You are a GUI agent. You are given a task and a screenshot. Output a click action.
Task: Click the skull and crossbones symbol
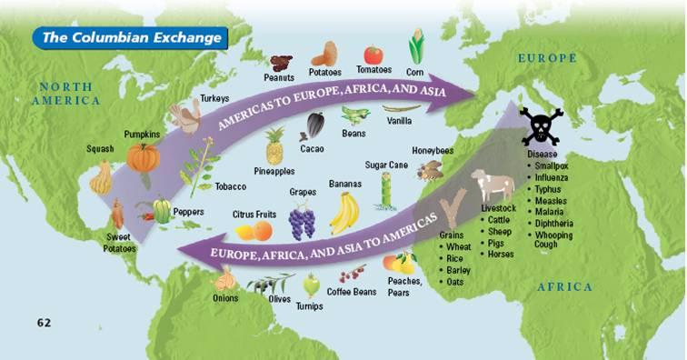click(541, 125)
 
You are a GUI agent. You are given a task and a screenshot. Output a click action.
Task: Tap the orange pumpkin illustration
click(143, 156)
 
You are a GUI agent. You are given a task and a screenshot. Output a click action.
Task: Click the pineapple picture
click(274, 145)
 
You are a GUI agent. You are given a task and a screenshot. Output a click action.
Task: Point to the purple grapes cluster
click(301, 220)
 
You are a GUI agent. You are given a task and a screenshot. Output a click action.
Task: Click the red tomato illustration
click(373, 55)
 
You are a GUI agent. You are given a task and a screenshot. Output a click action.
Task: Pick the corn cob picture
click(416, 45)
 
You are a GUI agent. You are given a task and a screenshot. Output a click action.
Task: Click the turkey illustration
click(187, 116)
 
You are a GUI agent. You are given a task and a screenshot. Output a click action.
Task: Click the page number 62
click(45, 322)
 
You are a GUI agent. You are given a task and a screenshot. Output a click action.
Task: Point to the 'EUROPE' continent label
click(547, 58)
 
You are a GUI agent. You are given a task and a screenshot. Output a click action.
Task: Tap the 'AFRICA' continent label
click(564, 287)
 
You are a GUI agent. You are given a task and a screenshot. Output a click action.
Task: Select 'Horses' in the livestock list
click(500, 255)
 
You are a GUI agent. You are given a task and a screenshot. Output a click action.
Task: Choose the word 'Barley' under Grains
click(459, 270)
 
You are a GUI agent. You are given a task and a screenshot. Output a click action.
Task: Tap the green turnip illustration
click(311, 285)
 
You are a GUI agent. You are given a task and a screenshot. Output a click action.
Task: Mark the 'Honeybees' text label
click(433, 151)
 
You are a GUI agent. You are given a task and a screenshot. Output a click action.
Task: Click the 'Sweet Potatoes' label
click(118, 243)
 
